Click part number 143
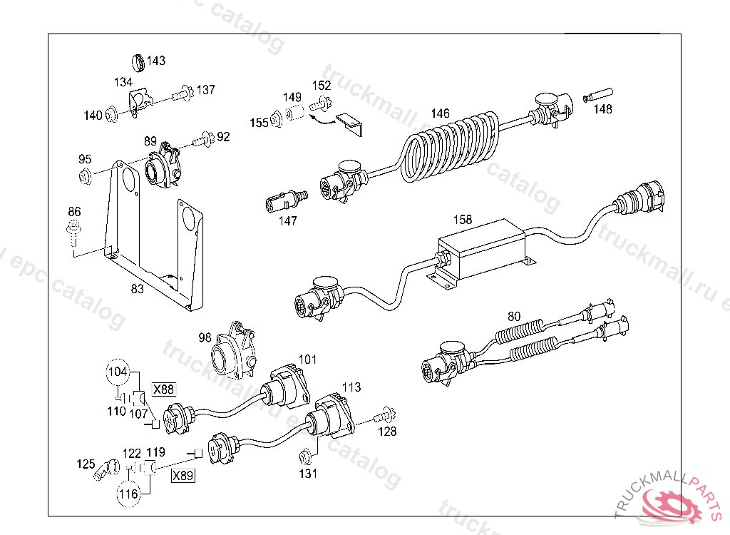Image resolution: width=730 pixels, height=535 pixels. click(156, 61)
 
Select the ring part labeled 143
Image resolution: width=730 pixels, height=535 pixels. click(140, 62)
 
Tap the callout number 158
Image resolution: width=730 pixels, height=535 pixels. click(463, 220)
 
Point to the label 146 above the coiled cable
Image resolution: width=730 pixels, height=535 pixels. click(440, 113)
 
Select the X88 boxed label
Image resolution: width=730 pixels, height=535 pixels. click(163, 389)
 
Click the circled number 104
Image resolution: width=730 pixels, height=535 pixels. click(118, 371)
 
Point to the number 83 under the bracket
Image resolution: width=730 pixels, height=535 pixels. click(138, 289)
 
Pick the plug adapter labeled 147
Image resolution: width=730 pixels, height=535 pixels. click(282, 200)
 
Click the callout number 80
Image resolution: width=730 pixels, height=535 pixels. click(514, 316)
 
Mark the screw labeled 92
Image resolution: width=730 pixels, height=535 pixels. click(205, 137)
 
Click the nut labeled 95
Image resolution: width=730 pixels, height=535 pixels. click(85, 177)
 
